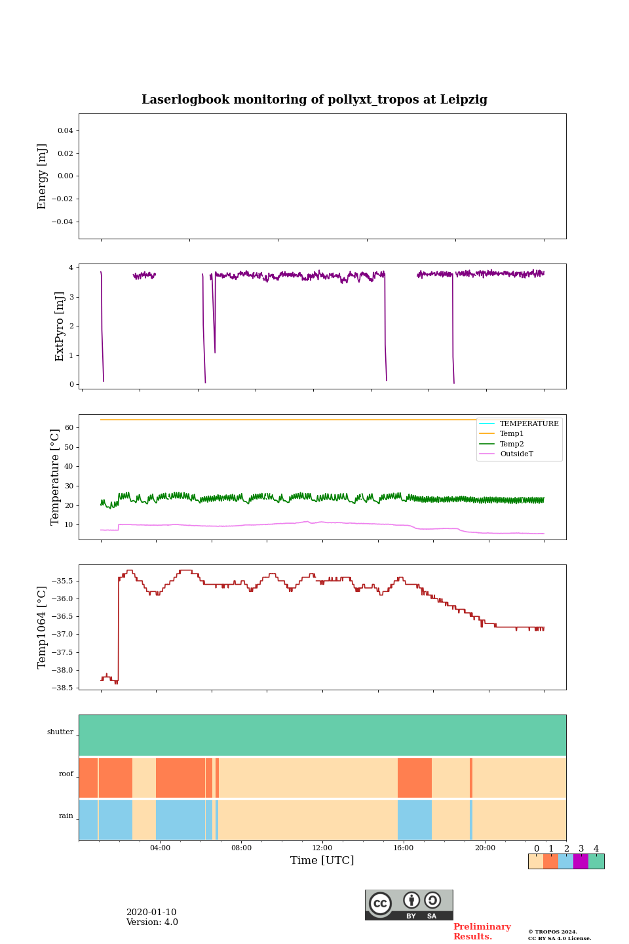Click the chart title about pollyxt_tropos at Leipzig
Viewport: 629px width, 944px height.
314,100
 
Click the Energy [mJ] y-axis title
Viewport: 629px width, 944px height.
43,176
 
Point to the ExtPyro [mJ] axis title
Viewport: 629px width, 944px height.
60,326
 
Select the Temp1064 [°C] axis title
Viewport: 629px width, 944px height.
43,627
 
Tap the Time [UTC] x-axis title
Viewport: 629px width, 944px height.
322,861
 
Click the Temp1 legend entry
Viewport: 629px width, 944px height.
512,434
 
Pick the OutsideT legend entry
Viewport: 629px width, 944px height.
516,454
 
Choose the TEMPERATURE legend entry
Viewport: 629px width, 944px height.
529,424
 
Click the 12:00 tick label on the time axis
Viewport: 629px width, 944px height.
322,848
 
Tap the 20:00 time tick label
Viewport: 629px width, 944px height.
485,848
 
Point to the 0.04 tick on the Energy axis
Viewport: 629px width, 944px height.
65,131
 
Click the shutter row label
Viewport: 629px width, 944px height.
60,732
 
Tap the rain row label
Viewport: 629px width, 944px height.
66,816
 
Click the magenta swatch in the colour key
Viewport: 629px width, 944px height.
581,861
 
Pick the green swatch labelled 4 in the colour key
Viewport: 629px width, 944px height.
596,861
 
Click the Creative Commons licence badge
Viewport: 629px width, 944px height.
409,905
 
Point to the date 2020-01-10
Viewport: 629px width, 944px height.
151,913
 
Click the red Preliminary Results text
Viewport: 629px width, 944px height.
482,932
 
